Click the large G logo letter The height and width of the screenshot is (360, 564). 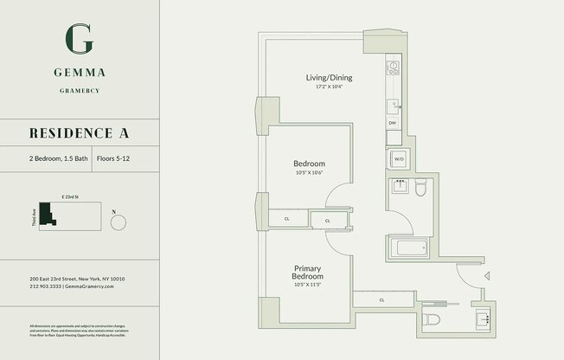click(x=80, y=39)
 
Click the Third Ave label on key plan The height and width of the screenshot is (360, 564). click(x=34, y=217)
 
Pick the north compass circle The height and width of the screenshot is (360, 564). click(x=119, y=222)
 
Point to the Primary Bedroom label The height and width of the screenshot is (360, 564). click(x=308, y=273)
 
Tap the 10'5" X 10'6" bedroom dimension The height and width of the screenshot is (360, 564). click(x=309, y=173)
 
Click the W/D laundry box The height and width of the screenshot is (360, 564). click(x=398, y=159)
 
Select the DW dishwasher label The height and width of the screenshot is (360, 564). click(x=392, y=123)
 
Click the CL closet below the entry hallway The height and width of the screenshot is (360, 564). click(x=381, y=300)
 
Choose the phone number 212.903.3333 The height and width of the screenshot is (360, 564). click(x=45, y=286)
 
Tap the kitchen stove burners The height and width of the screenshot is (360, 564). click(x=392, y=67)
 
